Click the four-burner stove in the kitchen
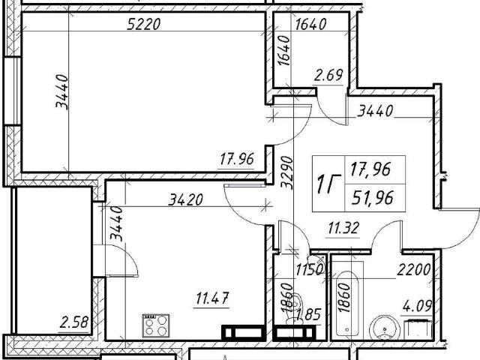pyautogui.click(x=156, y=325)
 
